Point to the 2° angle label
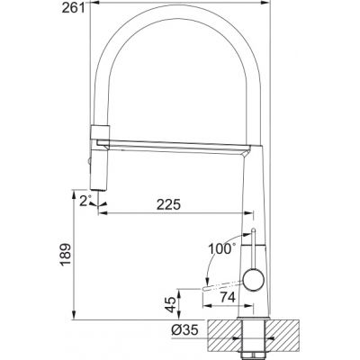[85, 201]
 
